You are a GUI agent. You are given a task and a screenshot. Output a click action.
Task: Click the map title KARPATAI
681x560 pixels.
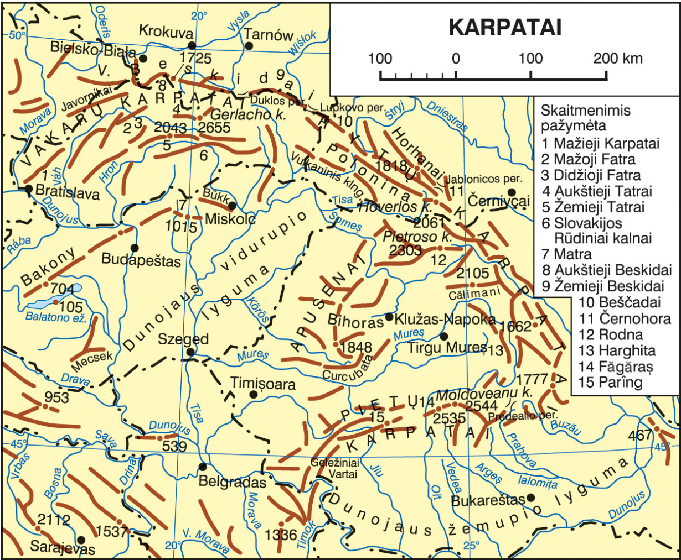tap(505, 27)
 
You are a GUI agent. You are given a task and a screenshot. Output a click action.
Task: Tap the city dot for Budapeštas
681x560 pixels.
tap(135, 247)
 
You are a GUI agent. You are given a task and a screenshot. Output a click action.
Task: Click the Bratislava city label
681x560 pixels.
tap(67, 193)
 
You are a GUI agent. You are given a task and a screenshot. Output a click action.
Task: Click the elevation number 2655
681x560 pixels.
tap(214, 128)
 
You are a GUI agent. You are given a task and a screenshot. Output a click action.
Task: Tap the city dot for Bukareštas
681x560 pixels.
tap(531, 498)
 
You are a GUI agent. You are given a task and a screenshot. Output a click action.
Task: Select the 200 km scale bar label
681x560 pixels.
tap(618, 59)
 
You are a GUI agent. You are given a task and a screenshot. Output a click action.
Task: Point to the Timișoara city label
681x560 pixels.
tap(262, 384)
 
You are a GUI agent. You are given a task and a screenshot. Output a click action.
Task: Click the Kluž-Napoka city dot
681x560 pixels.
tap(389, 317)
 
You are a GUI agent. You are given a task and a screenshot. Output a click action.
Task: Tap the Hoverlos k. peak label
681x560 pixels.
tap(394, 208)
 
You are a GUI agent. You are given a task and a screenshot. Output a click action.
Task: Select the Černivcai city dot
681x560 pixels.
tap(512, 192)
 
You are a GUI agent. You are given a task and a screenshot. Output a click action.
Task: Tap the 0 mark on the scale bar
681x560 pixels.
tap(455, 59)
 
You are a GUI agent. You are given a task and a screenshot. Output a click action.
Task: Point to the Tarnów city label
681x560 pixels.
tap(269, 35)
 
